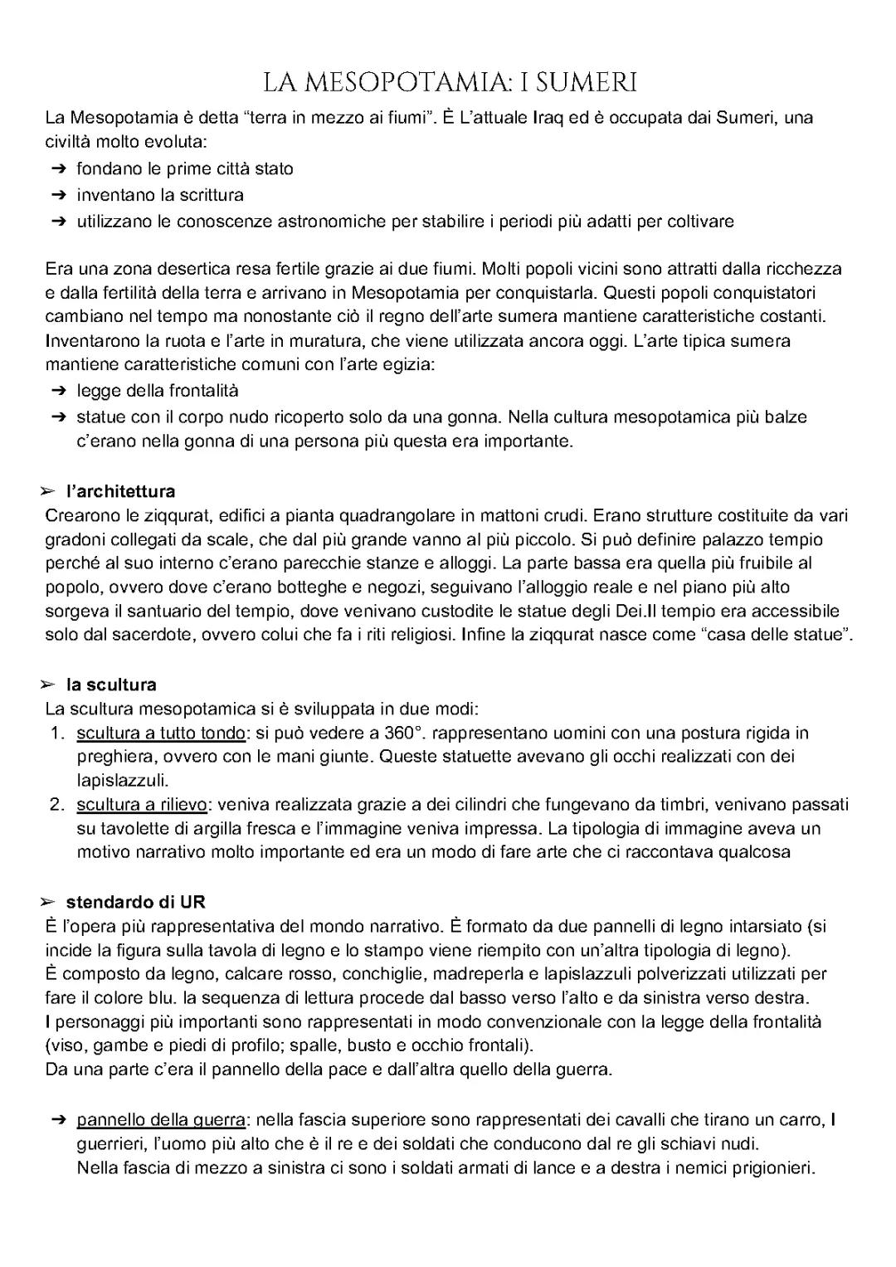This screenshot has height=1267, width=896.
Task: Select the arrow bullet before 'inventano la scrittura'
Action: pos(57,196)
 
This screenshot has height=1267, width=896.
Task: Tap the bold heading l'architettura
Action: pos(121,491)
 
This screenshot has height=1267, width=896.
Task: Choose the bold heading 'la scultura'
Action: pos(111,685)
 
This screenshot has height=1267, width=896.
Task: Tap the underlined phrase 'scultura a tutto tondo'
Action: pos(161,733)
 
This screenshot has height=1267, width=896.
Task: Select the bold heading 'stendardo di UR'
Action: pos(135,901)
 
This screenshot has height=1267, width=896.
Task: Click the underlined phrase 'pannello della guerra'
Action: pos(161,1120)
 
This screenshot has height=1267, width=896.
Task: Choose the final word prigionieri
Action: pos(769,1168)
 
